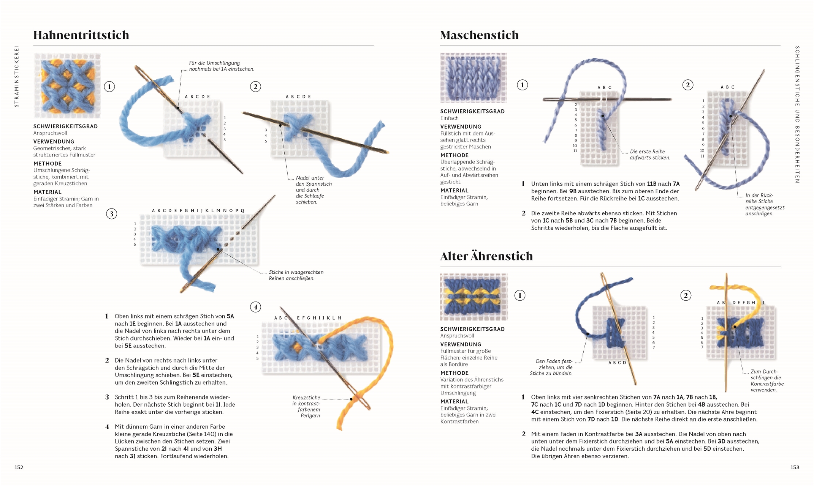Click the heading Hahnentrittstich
coord(81,35)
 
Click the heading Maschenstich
coord(479,35)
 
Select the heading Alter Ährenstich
coord(486,256)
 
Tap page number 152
coord(19,467)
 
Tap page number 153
coord(795,467)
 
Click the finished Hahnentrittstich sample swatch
coord(67,85)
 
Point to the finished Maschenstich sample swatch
coord(474,78)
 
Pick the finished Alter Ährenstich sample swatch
coord(474,297)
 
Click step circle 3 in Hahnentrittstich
coord(111,214)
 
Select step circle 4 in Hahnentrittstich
coord(255,307)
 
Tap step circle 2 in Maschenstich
coord(687,85)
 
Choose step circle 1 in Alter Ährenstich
coord(520,295)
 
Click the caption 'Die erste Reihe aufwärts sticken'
coord(650,155)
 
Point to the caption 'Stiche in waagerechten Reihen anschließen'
coord(296,275)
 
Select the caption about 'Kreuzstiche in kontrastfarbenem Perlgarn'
coord(306,407)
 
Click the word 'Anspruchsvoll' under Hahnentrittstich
coord(50,133)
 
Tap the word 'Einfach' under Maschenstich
coord(449,118)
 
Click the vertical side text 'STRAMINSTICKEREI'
coord(16,76)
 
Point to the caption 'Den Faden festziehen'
coord(551,367)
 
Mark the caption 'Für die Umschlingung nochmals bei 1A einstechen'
coord(222,66)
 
